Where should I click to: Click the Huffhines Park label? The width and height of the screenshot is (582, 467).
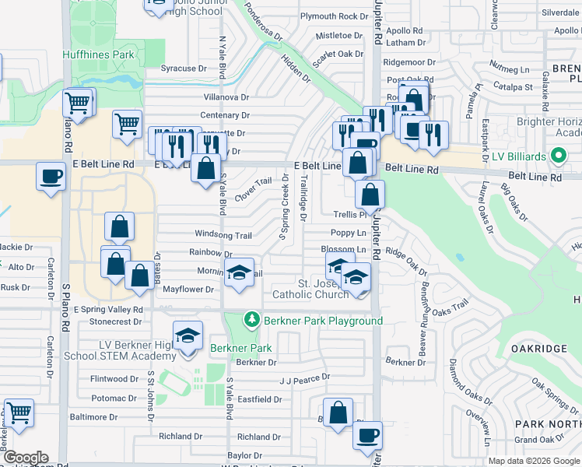pos(99,54)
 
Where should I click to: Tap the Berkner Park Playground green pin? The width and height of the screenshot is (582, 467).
pos(251,320)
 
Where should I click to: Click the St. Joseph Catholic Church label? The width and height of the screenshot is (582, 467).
pos(310,289)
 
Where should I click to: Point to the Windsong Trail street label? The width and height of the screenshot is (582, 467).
pos(223,235)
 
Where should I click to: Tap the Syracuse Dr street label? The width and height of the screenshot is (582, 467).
pos(183,68)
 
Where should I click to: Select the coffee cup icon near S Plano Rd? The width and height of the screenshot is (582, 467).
pos(51,176)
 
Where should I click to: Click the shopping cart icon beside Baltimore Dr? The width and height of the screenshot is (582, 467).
pos(19,413)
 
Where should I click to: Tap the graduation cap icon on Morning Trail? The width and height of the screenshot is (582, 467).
pos(240,272)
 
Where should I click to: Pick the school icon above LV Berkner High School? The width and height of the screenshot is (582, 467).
pos(188,335)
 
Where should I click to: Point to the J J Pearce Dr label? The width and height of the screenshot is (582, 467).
pos(305,377)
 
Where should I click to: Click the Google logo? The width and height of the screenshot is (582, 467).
pos(26,458)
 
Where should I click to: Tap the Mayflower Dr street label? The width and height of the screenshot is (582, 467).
pos(188,290)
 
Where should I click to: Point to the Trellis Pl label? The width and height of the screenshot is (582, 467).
pos(349,214)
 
